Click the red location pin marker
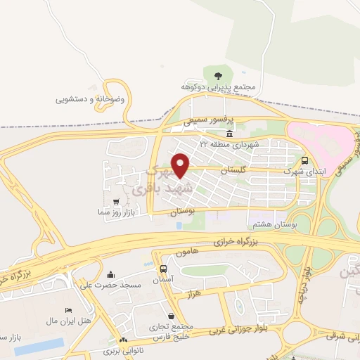(x=181, y=165)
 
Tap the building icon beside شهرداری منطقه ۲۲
(x=229, y=133)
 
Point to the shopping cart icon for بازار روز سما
(x=116, y=201)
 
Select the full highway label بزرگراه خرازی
(x=255, y=241)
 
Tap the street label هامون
(x=189, y=251)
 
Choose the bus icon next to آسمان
(x=163, y=269)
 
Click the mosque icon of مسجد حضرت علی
(x=110, y=274)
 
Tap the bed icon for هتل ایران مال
(x=68, y=310)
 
